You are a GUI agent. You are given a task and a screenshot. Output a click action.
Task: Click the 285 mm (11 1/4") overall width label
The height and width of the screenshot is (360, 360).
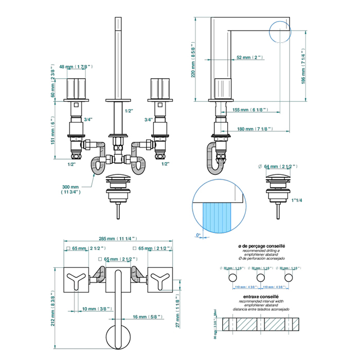(x=118, y=239)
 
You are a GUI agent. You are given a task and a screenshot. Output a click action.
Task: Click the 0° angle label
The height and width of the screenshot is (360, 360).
(x=198, y=236)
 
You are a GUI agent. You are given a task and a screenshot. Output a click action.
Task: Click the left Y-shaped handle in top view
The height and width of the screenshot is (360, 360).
(x=78, y=280)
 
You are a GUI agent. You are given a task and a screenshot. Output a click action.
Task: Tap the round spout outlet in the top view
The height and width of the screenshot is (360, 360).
(x=118, y=337)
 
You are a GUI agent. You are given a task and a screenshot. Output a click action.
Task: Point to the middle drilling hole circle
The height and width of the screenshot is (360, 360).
(x=260, y=278)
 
